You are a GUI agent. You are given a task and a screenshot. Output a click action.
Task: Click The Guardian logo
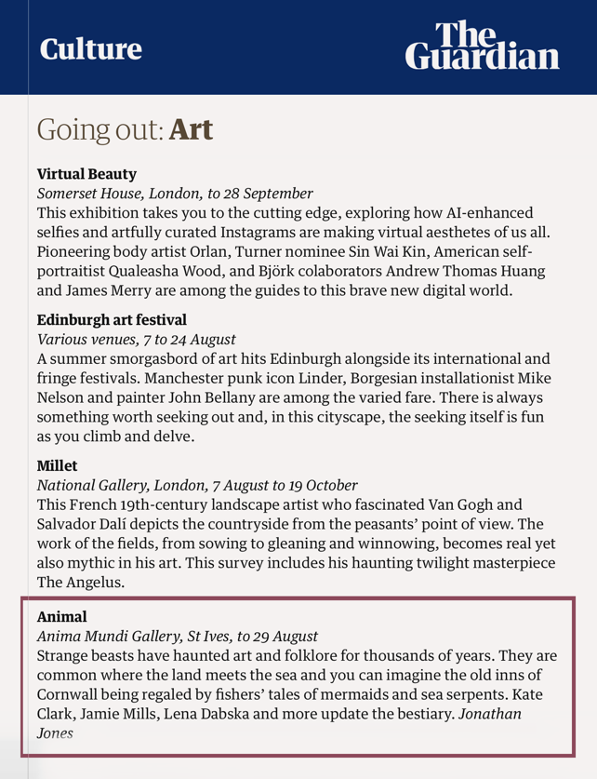tap(483, 47)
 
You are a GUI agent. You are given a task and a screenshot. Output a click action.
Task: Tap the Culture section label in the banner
tap(90, 48)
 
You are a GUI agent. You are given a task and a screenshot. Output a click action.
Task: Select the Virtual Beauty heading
tap(86, 173)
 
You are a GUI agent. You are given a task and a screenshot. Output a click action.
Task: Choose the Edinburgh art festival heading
tap(112, 319)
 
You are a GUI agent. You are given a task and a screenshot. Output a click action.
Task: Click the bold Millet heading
tap(58, 464)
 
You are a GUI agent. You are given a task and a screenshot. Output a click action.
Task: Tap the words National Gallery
tap(92, 485)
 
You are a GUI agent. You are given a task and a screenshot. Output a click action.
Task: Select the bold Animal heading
tap(61, 616)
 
